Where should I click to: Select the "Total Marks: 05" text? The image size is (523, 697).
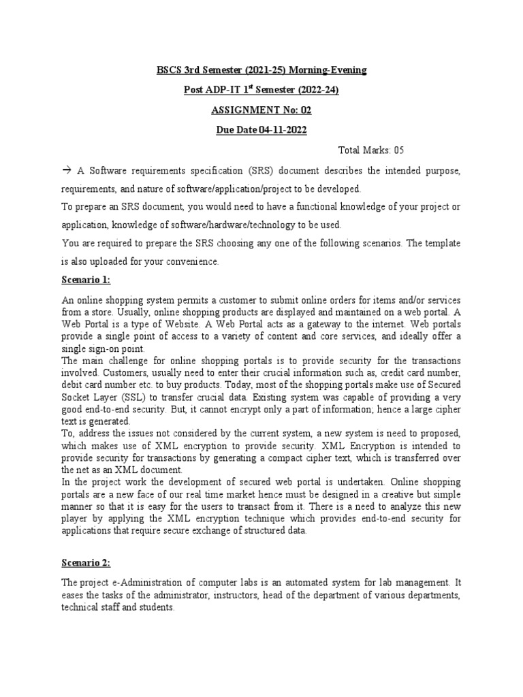point(370,149)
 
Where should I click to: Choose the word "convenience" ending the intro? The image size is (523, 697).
point(191,261)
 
